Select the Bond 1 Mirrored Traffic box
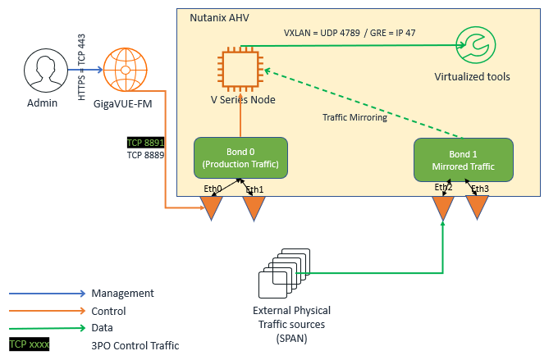click(463, 159)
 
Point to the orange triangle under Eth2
click(443, 208)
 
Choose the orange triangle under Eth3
click(478, 208)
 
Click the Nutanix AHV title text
click(221, 17)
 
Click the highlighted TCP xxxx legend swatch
click(30, 345)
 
